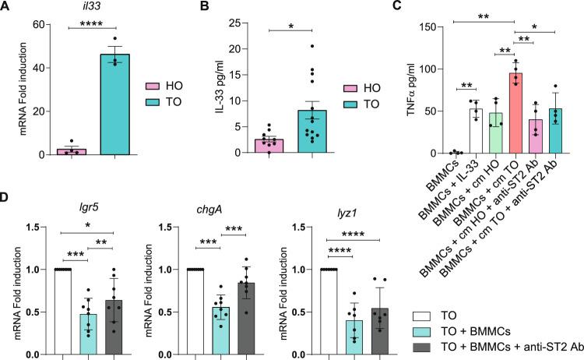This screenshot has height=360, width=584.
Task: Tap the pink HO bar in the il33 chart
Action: point(69,150)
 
